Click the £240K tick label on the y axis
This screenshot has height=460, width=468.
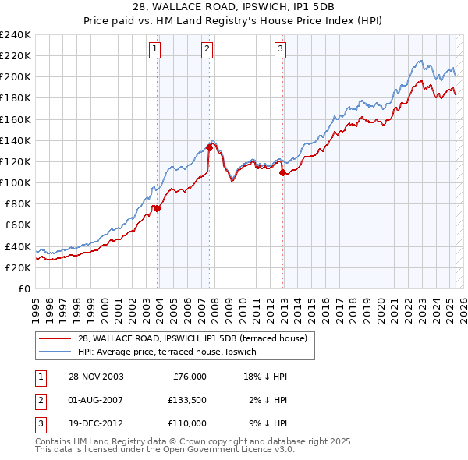16,35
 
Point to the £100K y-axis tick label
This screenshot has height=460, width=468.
16,182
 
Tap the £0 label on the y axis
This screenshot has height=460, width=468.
24,288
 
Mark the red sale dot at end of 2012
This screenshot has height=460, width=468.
282,172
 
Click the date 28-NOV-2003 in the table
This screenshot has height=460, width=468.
96,377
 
